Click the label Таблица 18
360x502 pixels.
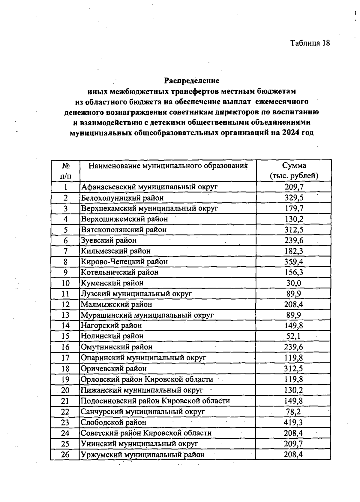click(310, 43)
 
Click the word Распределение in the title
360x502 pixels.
click(191, 81)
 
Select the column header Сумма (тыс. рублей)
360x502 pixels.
click(294, 171)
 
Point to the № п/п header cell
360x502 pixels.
click(66, 171)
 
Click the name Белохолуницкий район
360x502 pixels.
click(122, 198)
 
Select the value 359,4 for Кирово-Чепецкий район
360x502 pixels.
click(294, 262)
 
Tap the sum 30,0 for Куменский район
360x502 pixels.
click(294, 283)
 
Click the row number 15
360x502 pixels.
click(65, 336)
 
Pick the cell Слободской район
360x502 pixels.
click(113, 422)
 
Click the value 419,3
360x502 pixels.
click(293, 422)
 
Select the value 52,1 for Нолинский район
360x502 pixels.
click(293, 336)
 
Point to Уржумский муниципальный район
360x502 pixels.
click(143, 455)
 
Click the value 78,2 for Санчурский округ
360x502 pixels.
click(293, 412)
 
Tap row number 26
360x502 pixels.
click(65, 455)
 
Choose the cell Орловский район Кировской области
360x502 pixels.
click(147, 379)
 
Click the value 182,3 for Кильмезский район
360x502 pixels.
click(294, 251)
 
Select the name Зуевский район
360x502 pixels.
click(109, 240)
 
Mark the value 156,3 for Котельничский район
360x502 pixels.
click(294, 272)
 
